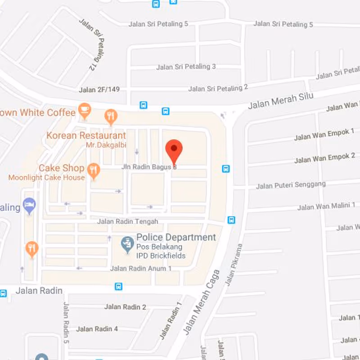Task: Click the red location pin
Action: coord(174,149)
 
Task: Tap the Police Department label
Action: coord(176,237)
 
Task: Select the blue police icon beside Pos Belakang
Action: coord(128,244)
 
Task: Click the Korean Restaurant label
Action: coord(86,135)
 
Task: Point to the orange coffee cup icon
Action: coord(84,109)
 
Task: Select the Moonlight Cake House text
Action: coord(46,178)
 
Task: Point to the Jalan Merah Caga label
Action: coord(202,302)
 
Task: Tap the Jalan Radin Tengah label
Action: coord(128,221)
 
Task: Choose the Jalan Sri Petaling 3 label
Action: coord(186,67)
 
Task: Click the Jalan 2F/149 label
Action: coord(99,90)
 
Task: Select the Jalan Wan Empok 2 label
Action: coord(324,158)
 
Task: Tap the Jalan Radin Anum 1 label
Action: coord(141,269)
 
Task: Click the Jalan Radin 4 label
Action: coord(97,329)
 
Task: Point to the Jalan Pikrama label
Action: coord(234,265)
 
